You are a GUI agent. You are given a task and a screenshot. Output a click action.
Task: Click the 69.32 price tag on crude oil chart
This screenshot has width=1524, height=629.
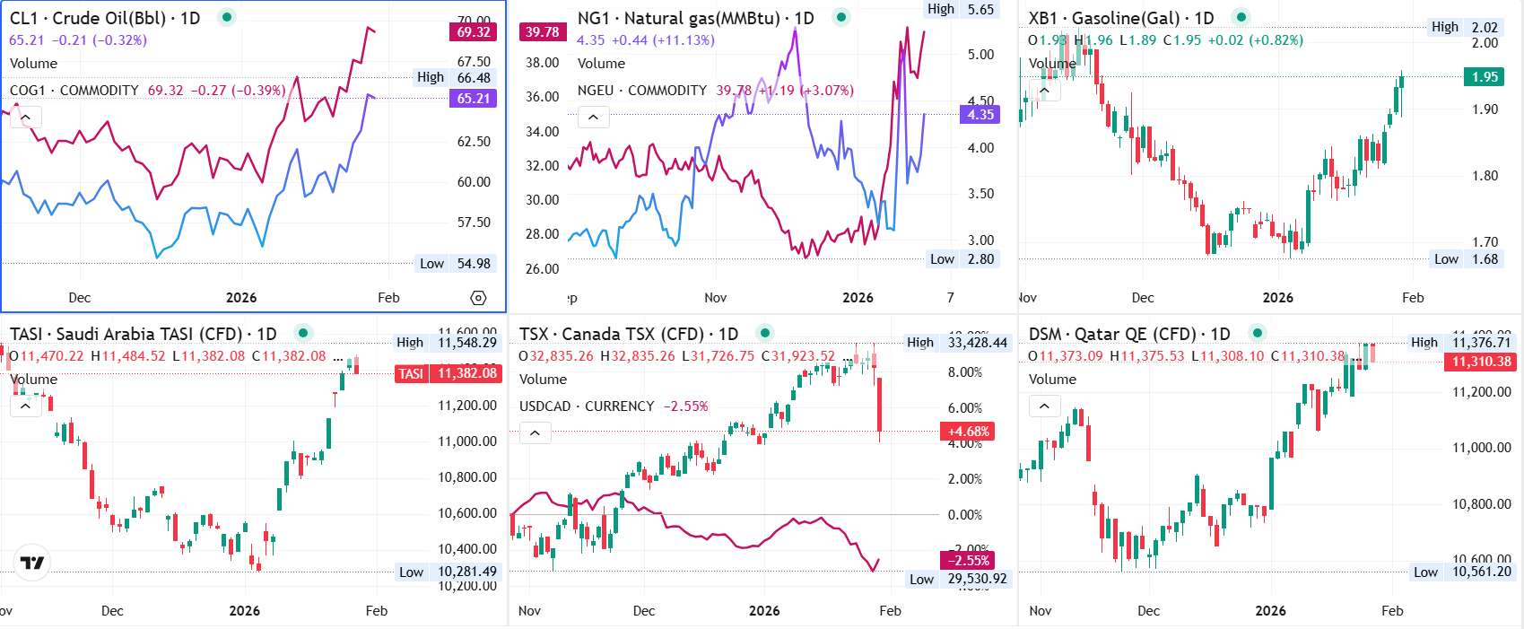pyautogui.click(x=473, y=32)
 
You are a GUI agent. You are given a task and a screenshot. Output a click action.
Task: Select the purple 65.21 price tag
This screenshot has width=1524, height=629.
pyautogui.click(x=473, y=99)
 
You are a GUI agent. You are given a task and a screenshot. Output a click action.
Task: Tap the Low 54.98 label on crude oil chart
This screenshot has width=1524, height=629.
pyautogui.click(x=456, y=264)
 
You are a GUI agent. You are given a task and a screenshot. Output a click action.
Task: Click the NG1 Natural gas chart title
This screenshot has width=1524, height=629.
pyautogui.click(x=695, y=18)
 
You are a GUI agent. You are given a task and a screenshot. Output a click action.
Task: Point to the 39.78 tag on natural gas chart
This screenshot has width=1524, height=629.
pyautogui.click(x=542, y=32)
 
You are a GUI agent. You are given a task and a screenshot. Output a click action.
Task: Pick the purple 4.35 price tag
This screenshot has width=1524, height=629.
pyautogui.click(x=980, y=115)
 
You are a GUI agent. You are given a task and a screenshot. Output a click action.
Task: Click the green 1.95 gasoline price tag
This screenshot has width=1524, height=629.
pyautogui.click(x=1485, y=77)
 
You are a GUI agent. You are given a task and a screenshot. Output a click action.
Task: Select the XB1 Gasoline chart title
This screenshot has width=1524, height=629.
pyautogui.click(x=1120, y=18)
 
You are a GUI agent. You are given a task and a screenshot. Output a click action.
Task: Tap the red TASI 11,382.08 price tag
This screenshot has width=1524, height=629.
pyautogui.click(x=448, y=373)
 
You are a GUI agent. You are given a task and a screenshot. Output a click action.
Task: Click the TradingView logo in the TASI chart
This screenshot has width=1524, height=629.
pyautogui.click(x=32, y=563)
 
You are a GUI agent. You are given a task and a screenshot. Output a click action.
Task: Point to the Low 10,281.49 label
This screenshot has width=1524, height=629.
pyautogui.click(x=448, y=572)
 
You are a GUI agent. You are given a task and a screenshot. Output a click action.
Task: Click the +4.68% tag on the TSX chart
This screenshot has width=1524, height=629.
pyautogui.click(x=968, y=432)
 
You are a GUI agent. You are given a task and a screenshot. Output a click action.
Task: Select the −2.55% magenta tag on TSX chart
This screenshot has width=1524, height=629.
pyautogui.click(x=968, y=561)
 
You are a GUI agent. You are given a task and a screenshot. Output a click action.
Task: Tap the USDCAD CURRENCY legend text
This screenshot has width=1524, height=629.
pyautogui.click(x=587, y=406)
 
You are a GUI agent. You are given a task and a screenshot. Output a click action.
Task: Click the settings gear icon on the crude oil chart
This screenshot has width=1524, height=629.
pyautogui.click(x=478, y=298)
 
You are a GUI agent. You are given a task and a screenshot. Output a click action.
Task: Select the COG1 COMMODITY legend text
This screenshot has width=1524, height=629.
pyautogui.click(x=74, y=91)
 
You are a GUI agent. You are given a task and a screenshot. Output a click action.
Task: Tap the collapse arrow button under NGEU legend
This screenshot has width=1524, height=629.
pyautogui.click(x=593, y=117)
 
